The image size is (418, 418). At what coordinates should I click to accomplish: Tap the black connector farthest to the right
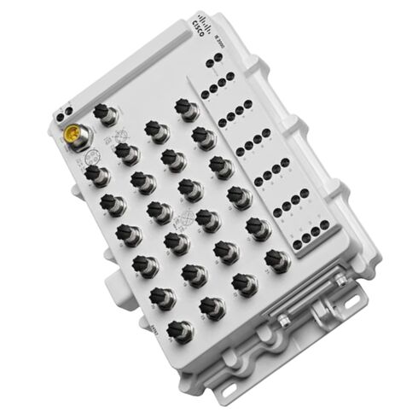pos(274,257)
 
